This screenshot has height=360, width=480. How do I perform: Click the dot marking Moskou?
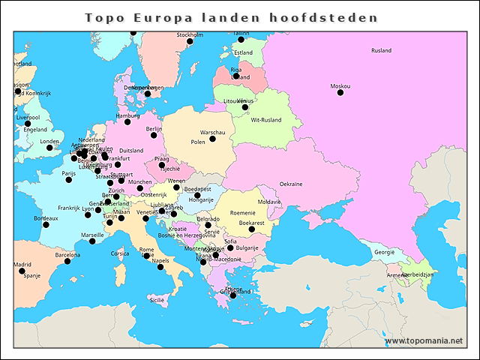pos(340,92)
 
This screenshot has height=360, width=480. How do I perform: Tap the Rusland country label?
pos(381,51)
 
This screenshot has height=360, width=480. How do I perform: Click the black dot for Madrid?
pos(22,271)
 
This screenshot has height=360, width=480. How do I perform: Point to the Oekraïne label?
pos(291,184)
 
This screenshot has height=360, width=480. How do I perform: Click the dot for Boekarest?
pos(252,229)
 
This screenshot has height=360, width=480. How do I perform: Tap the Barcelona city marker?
pos(67,261)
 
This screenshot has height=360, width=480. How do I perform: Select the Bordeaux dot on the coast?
pos(46,224)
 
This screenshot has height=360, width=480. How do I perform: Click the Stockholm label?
pos(189,34)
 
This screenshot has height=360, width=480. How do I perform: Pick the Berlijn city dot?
pos(153,135)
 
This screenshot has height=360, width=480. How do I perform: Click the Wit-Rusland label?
pos(265,120)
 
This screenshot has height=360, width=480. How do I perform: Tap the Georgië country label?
pos(384,252)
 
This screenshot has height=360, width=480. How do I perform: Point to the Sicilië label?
pos(157,299)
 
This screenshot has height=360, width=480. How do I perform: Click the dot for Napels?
pos(160,267)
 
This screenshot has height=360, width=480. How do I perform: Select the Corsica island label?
pos(120,253)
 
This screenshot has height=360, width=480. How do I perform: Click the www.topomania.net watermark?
pos(424,340)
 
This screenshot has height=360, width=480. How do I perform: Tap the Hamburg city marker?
pos(127,121)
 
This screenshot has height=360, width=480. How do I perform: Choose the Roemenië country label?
pos(242,213)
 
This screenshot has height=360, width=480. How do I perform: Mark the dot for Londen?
pos(49,148)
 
